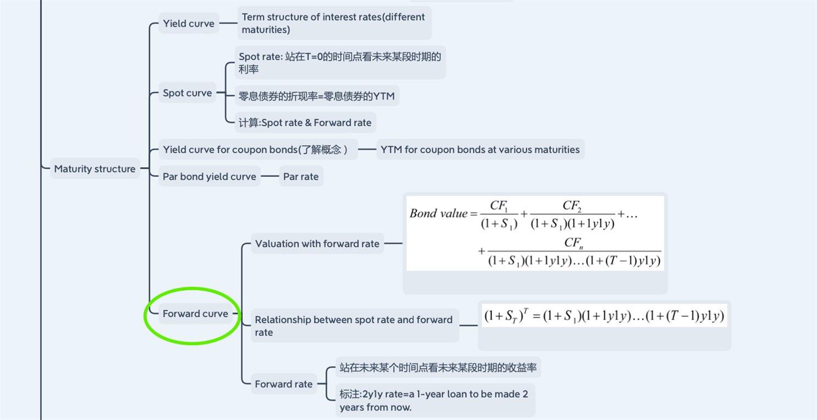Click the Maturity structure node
pos(95,168)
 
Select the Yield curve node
pos(189,23)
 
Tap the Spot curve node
pos(187,93)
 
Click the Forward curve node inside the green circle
pos(195,313)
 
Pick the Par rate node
pos(301,176)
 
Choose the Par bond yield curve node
pos(209,176)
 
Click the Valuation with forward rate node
pos(317,244)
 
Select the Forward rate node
pos(284,384)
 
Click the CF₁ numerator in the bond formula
pos(499,206)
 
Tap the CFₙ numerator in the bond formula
pos(574,243)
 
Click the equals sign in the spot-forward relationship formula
pos(536,316)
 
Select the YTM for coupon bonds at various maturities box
pos(480,150)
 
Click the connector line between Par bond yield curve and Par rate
pos(270,176)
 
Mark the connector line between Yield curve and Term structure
pos(228,23)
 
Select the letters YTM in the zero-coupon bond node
pos(384,96)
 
